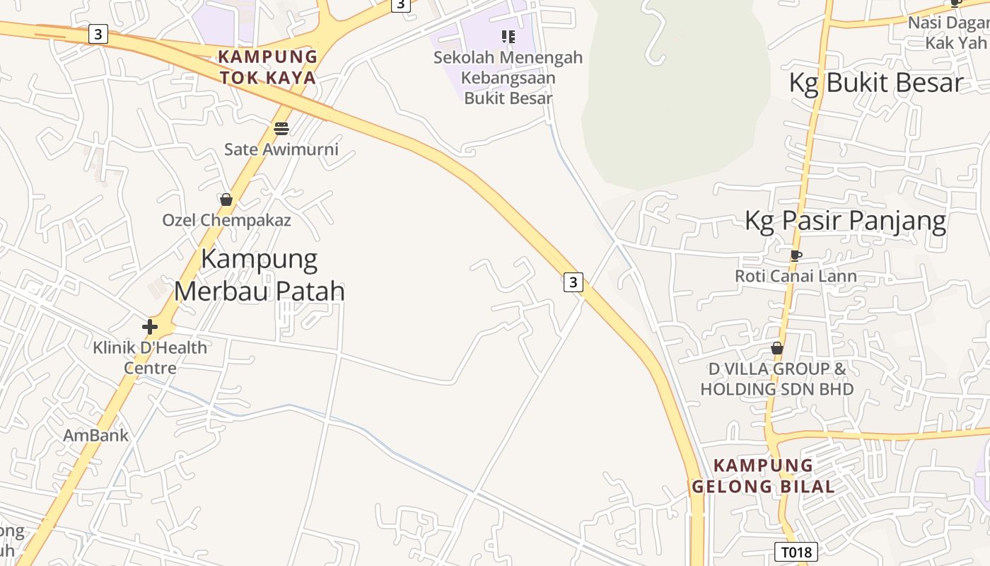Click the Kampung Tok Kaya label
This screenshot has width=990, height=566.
tap(267, 67)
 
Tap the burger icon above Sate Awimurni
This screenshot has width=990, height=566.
tap(281, 129)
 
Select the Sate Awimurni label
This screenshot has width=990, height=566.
tap(281, 149)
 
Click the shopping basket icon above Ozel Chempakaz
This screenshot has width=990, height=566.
tap(226, 200)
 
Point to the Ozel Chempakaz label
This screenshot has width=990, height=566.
tap(226, 220)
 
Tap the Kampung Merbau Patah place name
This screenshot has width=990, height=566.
tap(260, 275)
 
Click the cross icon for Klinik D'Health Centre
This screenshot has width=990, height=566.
tap(150, 327)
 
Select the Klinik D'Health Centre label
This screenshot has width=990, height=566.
tap(150, 357)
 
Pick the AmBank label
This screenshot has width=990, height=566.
tap(96, 435)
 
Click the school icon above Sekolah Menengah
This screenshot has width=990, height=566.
tap(508, 36)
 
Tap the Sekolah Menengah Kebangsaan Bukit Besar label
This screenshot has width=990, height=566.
tap(508, 77)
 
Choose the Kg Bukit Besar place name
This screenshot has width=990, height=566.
tap(875, 83)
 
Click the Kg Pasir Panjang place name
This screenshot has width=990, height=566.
tap(845, 221)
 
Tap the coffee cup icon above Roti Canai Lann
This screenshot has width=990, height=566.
tap(796, 255)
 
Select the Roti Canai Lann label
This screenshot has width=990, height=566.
tap(796, 276)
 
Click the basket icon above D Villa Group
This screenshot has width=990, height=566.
tap(777, 348)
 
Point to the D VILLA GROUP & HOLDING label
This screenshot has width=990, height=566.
tap(777, 379)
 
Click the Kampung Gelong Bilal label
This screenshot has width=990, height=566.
tap(763, 475)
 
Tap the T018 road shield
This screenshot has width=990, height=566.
tap(796, 552)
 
